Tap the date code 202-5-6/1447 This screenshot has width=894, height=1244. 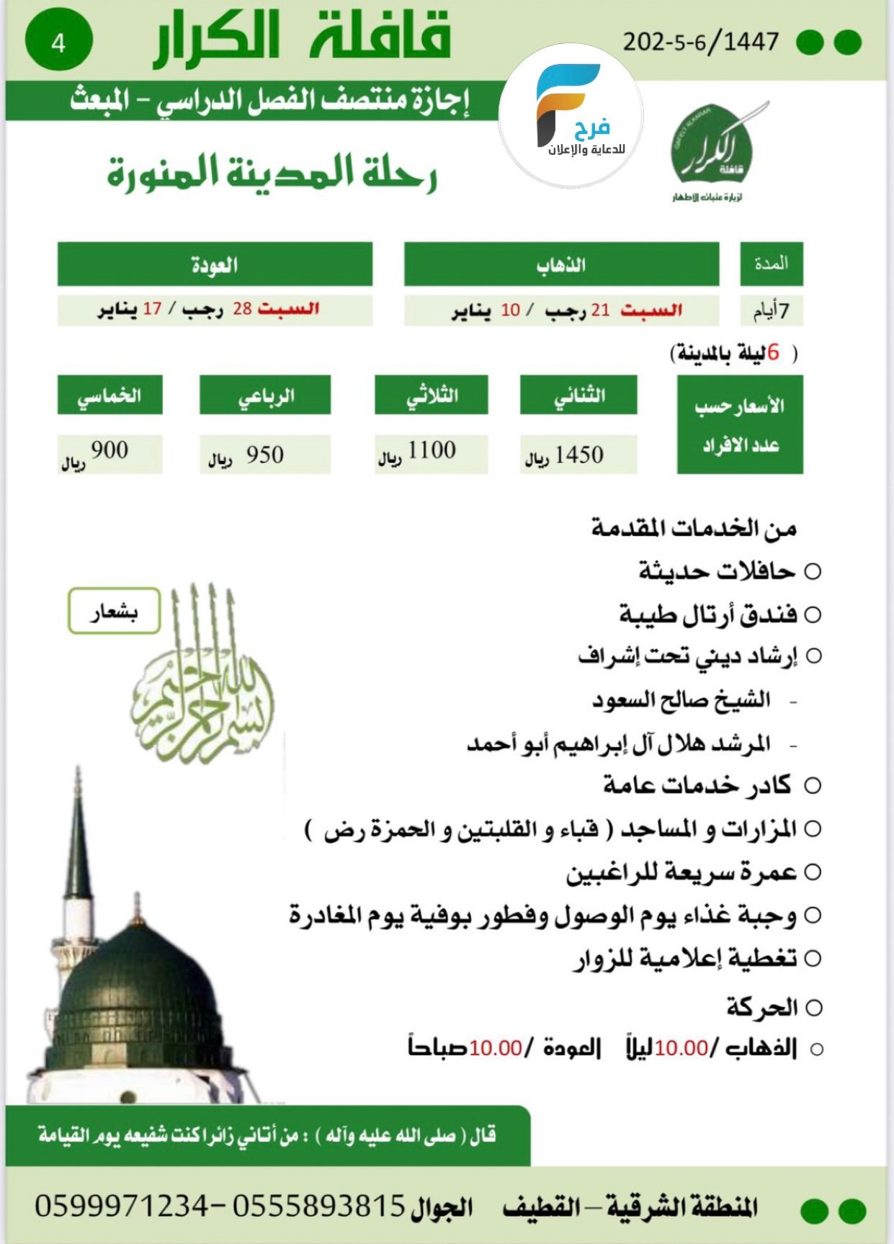[x=700, y=42]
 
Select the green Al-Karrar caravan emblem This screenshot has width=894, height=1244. [x=712, y=148]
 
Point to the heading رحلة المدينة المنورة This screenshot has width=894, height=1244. [x=272, y=174]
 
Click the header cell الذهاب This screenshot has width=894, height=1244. [x=561, y=264]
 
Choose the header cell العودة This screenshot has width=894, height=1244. [x=215, y=264]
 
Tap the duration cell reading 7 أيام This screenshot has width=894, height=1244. [x=771, y=311]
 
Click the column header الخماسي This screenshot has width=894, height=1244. [x=109, y=395]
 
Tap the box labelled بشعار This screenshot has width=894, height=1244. [x=114, y=612]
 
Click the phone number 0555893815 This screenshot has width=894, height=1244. [x=318, y=1205]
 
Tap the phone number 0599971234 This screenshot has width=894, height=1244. [x=120, y=1205]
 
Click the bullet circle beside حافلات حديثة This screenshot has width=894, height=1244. [x=813, y=572]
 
